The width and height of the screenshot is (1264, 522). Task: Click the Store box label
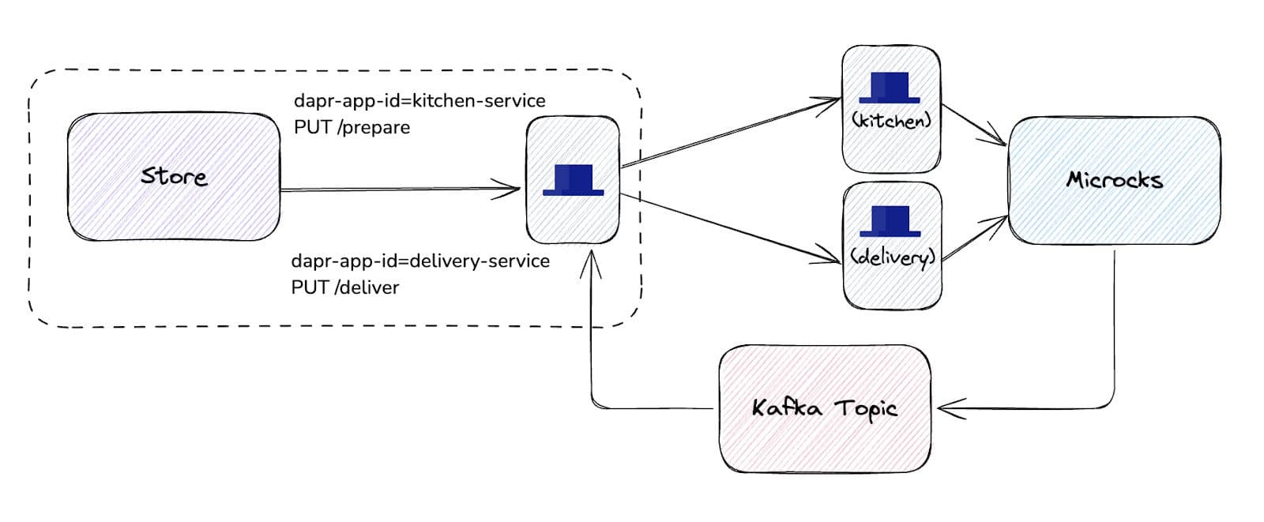point(174,176)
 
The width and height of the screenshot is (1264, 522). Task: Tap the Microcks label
point(1114,180)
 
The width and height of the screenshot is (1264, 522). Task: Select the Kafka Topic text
point(824,408)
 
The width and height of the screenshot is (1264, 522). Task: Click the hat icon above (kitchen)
point(890,88)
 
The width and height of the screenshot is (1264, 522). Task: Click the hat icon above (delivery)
point(890,222)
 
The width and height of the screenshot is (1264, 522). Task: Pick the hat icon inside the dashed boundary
point(574,180)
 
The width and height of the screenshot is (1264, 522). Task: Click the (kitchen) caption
point(891,120)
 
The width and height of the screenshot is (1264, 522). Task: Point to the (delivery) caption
point(892,257)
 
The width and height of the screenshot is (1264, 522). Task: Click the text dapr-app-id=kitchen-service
point(419,101)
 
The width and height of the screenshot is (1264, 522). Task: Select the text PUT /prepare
point(352,127)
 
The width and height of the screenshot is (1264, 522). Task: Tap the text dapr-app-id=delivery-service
point(420,261)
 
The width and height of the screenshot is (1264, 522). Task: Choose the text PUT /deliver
point(345,287)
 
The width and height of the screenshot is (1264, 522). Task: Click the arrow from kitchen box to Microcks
point(973,125)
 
